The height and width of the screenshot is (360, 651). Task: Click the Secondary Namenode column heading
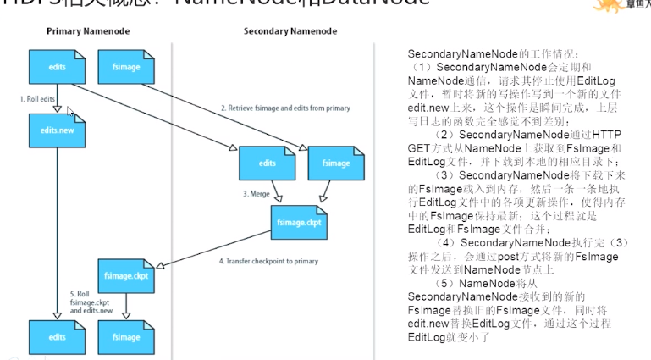pyautogui.click(x=290, y=31)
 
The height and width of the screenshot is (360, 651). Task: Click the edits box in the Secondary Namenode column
pyautogui.click(x=267, y=162)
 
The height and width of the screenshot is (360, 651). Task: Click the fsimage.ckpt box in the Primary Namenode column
pyautogui.click(x=126, y=274)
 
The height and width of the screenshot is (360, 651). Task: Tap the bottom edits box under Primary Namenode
pyautogui.click(x=57, y=336)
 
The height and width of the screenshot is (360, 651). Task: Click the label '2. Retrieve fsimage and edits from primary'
pyautogui.click(x=285, y=108)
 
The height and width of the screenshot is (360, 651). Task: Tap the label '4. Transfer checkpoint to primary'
pyautogui.click(x=269, y=261)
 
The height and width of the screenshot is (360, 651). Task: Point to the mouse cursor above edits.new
pyautogui.click(x=70, y=111)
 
